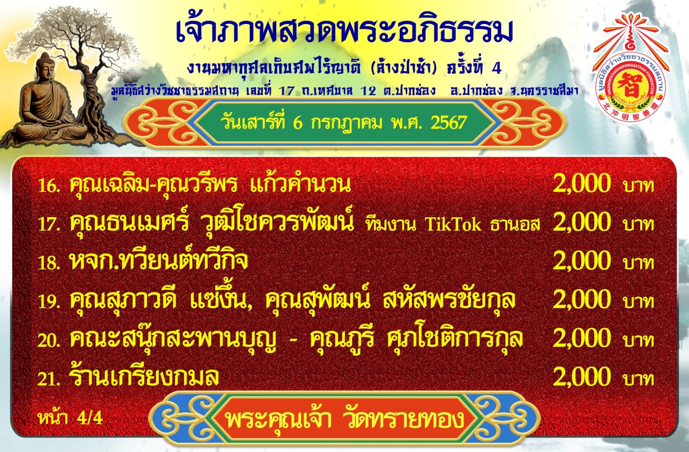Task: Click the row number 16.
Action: point(48,186)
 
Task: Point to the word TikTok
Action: point(453,224)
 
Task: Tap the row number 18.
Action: point(48,263)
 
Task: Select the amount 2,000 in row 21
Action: point(581,377)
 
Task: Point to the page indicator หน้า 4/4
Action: point(70,418)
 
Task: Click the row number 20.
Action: point(48,340)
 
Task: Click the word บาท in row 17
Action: point(638,224)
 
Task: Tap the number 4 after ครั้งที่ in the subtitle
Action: point(497,68)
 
